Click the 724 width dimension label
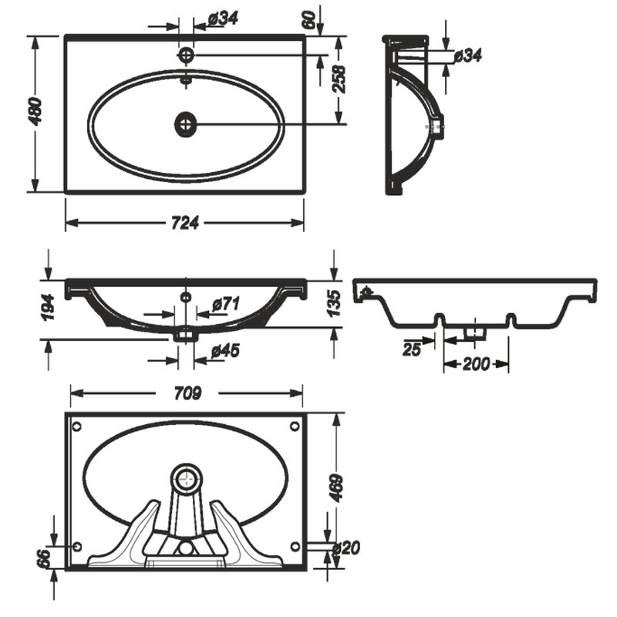tap(185, 223)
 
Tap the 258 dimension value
tap(339, 79)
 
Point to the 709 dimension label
tap(187, 393)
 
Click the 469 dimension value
tap(336, 488)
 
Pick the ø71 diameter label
tap(226, 304)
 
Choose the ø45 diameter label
tap(225, 351)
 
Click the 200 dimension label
tap(476, 364)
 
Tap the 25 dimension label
tap(412, 349)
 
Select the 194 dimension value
tap(48, 307)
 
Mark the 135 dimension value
tap(334, 303)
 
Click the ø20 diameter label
tap(346, 548)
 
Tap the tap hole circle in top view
tap(186, 55)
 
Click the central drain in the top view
tap(185, 124)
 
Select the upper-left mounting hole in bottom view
tap(77, 427)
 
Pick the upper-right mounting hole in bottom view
tap(295, 427)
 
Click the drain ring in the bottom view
tap(187, 478)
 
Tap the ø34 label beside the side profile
tap(467, 56)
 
